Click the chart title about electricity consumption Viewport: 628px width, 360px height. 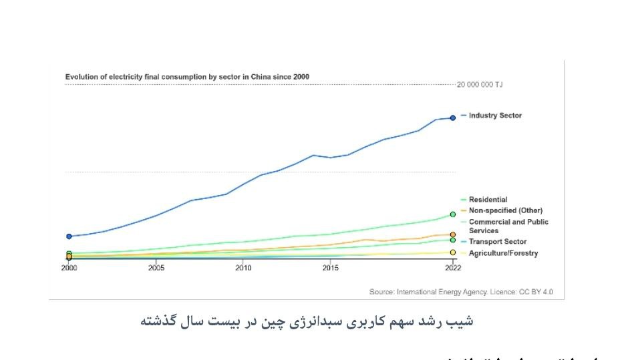pos(187,77)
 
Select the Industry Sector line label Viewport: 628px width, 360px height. pos(495,116)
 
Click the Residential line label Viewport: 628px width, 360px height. pos(488,200)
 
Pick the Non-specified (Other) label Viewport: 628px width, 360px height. pos(505,210)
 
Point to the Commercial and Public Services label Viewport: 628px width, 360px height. pos(508,226)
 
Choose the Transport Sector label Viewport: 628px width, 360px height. pos(497,242)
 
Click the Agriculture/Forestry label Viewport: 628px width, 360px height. pos(502,253)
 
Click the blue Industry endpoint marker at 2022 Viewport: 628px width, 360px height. pos(452,118)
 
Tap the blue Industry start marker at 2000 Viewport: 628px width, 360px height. pos(69,236)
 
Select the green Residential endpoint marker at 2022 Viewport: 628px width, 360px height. pos(452,214)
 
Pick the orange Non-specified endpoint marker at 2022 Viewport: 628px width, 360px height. pos(452,234)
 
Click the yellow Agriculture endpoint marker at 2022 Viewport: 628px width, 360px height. pos(452,252)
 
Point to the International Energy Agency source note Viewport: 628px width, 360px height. pos(461,292)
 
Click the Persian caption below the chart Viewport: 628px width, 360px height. pos(307,321)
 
